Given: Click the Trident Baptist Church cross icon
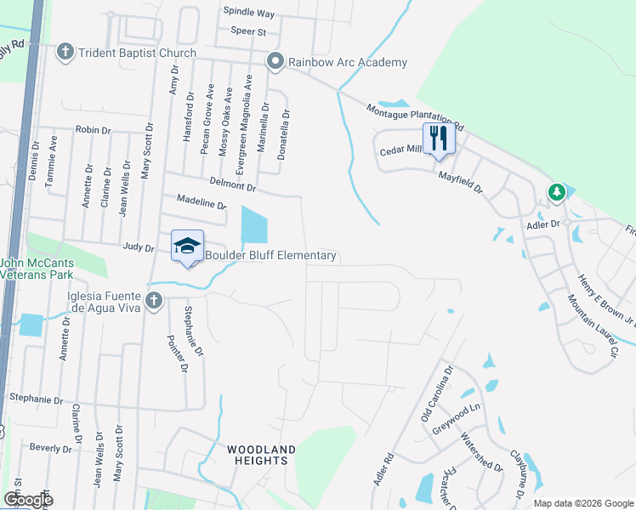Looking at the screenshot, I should pos(65,53).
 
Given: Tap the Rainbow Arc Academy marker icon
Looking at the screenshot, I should pos(275,62).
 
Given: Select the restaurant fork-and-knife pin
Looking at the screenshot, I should pos(439,138).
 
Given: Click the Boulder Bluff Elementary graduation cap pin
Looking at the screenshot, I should pos(187,246).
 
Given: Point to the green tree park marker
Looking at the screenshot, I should pos(557,192).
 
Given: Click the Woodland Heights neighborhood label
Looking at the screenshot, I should pos(261,455).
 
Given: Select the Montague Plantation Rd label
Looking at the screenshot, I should pos(414,117).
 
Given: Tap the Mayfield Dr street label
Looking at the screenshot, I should pos(460,179).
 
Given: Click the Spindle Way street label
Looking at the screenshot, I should pos(248,14).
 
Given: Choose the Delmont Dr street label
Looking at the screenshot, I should pos(232,184).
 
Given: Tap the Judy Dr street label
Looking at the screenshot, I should pos(138,249).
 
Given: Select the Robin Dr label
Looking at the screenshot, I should pos(94,130).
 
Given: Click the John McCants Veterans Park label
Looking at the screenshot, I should pos(37,269).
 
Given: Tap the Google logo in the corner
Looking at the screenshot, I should pos(28,500).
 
